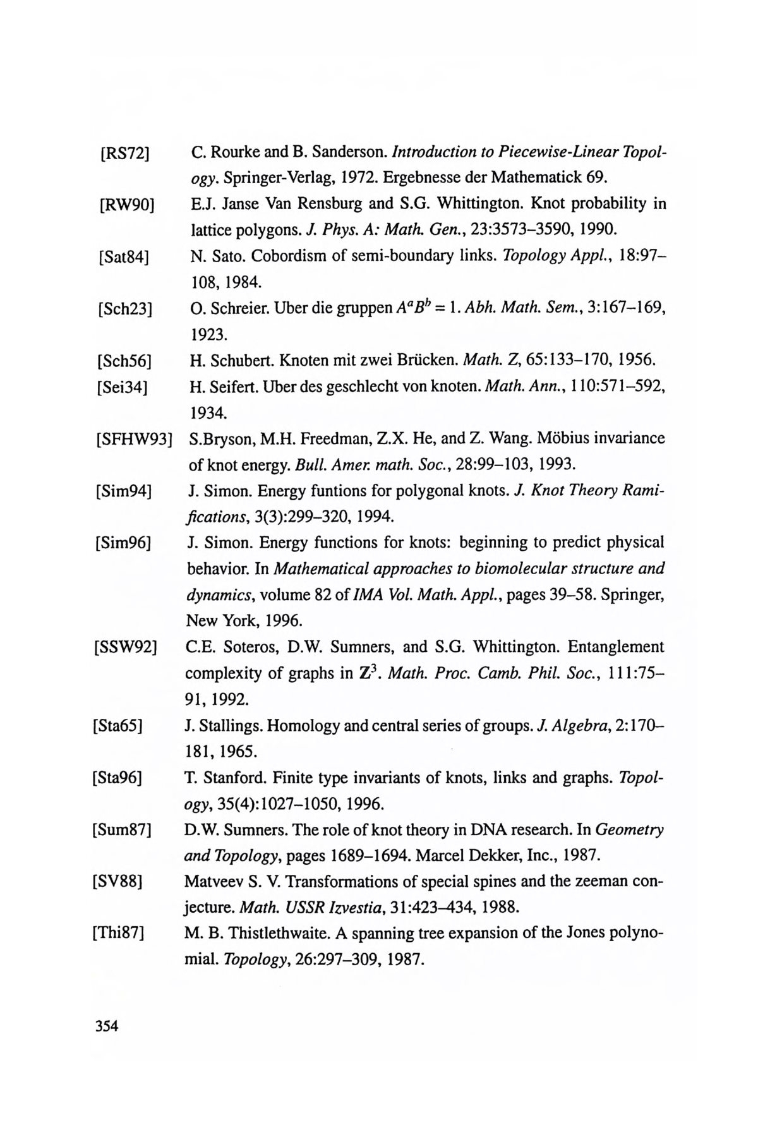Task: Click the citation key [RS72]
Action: point(124,153)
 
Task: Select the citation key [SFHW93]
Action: point(134,439)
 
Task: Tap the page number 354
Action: point(107,1026)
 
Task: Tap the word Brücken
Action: point(426,361)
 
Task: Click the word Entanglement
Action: point(616,647)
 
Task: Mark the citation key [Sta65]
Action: point(117,726)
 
